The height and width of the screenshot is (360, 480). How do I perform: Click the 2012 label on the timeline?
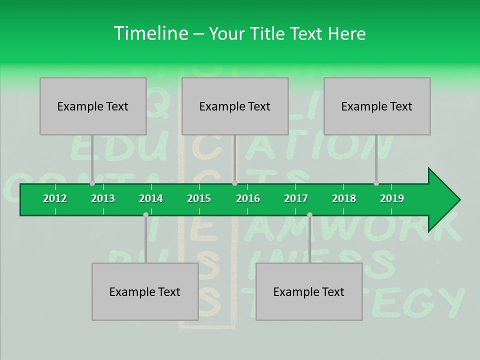click(x=55, y=198)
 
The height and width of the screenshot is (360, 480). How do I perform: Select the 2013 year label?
click(x=103, y=198)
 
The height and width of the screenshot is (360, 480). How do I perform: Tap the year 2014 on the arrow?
click(x=151, y=198)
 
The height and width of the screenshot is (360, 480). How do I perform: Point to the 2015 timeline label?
click(x=199, y=198)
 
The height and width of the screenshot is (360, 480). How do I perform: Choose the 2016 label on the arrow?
click(x=248, y=198)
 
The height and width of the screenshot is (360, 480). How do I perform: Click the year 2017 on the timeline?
click(x=296, y=198)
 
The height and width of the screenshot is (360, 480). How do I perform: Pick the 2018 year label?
click(x=344, y=198)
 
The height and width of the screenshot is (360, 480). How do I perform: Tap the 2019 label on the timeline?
click(x=392, y=198)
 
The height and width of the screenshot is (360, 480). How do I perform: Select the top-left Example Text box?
click(x=93, y=106)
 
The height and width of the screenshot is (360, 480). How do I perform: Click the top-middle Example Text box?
click(x=235, y=106)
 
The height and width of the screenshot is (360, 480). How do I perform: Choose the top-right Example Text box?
click(x=377, y=106)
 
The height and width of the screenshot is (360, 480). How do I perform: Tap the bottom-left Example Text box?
click(x=145, y=291)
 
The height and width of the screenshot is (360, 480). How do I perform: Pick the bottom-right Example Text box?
click(x=309, y=291)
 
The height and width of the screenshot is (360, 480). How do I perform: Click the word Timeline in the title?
click(x=150, y=33)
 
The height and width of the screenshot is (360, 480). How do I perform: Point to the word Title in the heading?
click(x=268, y=33)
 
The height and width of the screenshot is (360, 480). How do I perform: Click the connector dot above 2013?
click(x=92, y=183)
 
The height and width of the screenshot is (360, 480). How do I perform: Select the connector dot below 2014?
click(x=145, y=214)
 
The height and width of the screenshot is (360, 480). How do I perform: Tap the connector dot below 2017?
click(x=309, y=214)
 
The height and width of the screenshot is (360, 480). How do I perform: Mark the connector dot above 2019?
click(x=376, y=183)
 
